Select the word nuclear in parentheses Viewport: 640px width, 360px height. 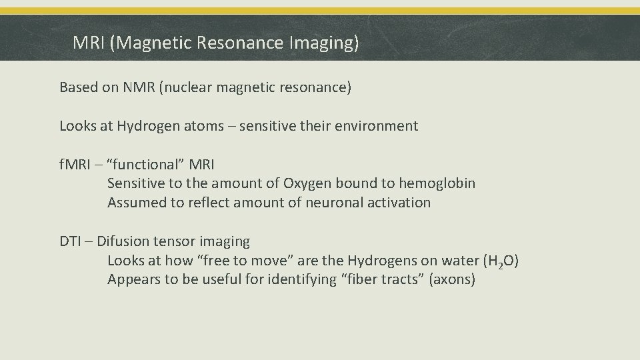click(x=188, y=87)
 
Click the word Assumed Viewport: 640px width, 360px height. click(x=136, y=202)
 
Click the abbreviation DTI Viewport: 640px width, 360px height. click(x=69, y=241)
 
